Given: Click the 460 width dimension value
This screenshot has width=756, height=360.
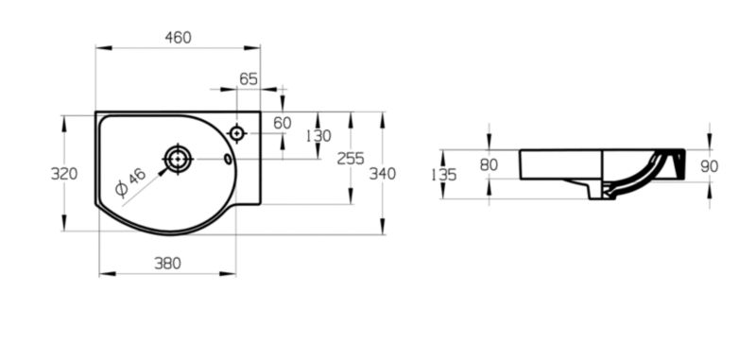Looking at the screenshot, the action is (178, 38).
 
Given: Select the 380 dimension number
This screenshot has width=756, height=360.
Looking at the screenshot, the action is (167, 264).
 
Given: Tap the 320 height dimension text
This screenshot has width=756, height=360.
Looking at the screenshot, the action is (64, 174).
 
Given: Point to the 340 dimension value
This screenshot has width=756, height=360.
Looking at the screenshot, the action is (383, 174).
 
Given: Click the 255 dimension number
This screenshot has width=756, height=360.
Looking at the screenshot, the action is (351, 159).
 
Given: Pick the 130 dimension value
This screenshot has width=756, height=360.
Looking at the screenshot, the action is (318, 136).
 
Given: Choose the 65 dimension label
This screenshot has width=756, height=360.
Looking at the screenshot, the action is (249, 79).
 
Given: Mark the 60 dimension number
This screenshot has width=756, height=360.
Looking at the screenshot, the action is (283, 124).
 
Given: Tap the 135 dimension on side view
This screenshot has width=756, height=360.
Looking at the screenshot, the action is (443, 175).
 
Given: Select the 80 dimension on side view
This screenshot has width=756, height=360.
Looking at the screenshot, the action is (489, 164).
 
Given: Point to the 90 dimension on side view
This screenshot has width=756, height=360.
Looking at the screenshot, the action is (710, 166).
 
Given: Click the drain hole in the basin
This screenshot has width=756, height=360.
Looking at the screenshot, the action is (178, 159).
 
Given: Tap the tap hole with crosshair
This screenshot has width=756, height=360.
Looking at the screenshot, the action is (237, 133).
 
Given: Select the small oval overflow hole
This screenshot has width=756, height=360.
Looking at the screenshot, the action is (228, 159).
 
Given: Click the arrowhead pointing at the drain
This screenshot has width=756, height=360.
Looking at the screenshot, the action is (163, 171).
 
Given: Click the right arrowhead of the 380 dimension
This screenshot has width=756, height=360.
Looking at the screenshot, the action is (228, 274).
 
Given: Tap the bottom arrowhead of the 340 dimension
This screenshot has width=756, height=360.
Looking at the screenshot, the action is (383, 226).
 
